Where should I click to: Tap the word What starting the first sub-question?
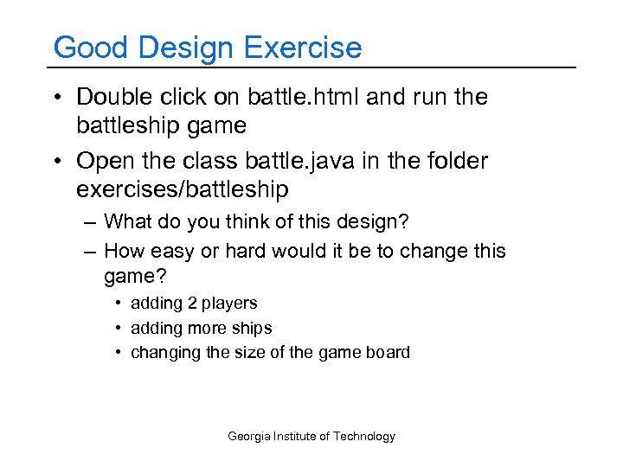pos(127,222)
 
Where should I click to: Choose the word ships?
pos(251,329)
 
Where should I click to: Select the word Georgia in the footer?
pos(249,437)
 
